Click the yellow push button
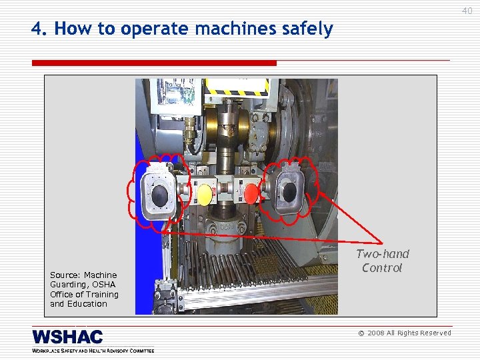[204, 193]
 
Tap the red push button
[251, 193]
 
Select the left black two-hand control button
[160, 195]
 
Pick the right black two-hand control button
[289, 192]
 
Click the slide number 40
[467, 11]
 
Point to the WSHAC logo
[67, 337]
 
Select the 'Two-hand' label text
[383, 254]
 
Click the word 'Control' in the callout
[382, 268]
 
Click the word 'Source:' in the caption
[65, 275]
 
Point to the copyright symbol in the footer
[361, 333]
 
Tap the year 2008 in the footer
[375, 333]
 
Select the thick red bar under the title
[154, 63]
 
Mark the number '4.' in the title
[39, 29]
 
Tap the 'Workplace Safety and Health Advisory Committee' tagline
[93, 351]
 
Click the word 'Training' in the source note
[103, 295]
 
